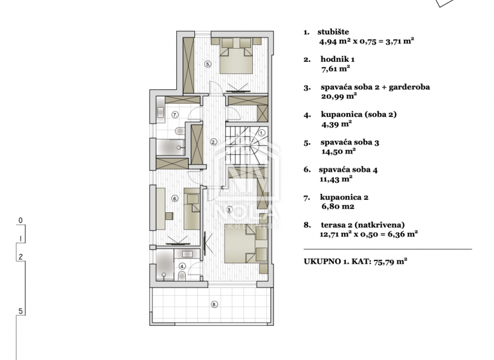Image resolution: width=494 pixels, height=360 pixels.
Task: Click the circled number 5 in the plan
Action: tap(207, 64)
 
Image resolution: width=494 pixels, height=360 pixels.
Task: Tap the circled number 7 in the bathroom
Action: tap(174, 114)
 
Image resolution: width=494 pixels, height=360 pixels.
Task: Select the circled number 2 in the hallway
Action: tap(214, 142)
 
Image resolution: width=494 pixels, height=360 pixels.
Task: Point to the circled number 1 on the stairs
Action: tap(262, 133)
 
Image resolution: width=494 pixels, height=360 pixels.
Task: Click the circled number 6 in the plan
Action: tap(174, 199)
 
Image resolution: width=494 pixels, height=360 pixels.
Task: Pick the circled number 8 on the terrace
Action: tap(215, 304)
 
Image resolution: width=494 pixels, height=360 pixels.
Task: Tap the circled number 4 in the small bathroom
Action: tap(182, 265)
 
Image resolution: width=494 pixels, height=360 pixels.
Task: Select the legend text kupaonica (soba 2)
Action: tap(358, 114)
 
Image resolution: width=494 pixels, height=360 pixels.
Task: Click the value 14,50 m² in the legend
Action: tap(338, 152)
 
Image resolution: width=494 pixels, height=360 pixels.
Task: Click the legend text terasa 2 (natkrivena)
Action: tap(363, 225)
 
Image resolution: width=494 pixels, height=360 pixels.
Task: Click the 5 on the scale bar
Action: tap(21, 312)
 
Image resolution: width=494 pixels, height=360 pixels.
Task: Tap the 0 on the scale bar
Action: tap(21, 220)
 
